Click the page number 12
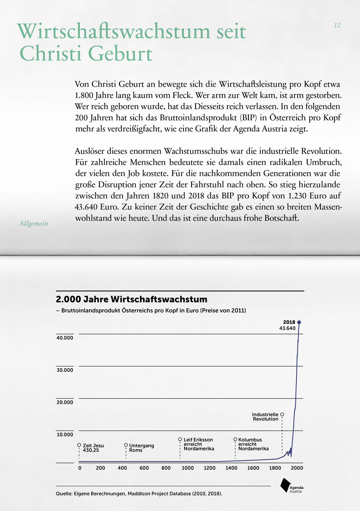[x=337, y=25]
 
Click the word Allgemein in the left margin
[x=34, y=224]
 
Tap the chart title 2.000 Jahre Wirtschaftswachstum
[x=131, y=299]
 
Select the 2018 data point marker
[x=299, y=322]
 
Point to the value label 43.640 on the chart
[x=287, y=328]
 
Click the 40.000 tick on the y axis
[x=65, y=338]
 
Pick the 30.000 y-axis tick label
[x=65, y=370]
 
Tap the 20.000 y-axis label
[x=65, y=402]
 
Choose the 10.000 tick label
[x=65, y=434]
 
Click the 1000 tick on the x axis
[x=188, y=468]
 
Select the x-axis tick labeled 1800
[x=275, y=468]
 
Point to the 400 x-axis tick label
[x=122, y=468]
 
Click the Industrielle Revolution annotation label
[x=265, y=417]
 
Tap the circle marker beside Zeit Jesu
[x=79, y=445]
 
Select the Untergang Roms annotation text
[x=141, y=448]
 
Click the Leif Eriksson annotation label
[x=198, y=444]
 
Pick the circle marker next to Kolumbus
[x=235, y=439]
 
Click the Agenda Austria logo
[x=291, y=485]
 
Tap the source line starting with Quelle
[x=139, y=494]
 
